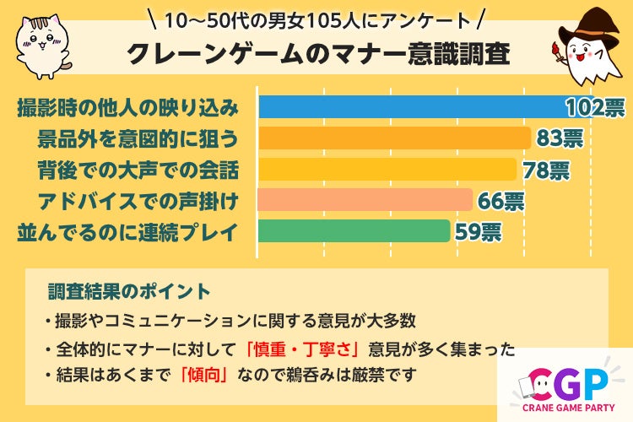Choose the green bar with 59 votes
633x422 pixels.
point(354,230)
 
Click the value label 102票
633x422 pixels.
point(595,108)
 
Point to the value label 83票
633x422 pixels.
point(558,138)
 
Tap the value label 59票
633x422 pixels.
point(479,231)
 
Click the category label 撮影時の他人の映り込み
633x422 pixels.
point(127,108)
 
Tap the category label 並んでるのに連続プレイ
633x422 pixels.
point(127,231)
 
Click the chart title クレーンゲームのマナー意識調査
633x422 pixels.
point(318,54)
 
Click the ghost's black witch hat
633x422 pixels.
point(589,21)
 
